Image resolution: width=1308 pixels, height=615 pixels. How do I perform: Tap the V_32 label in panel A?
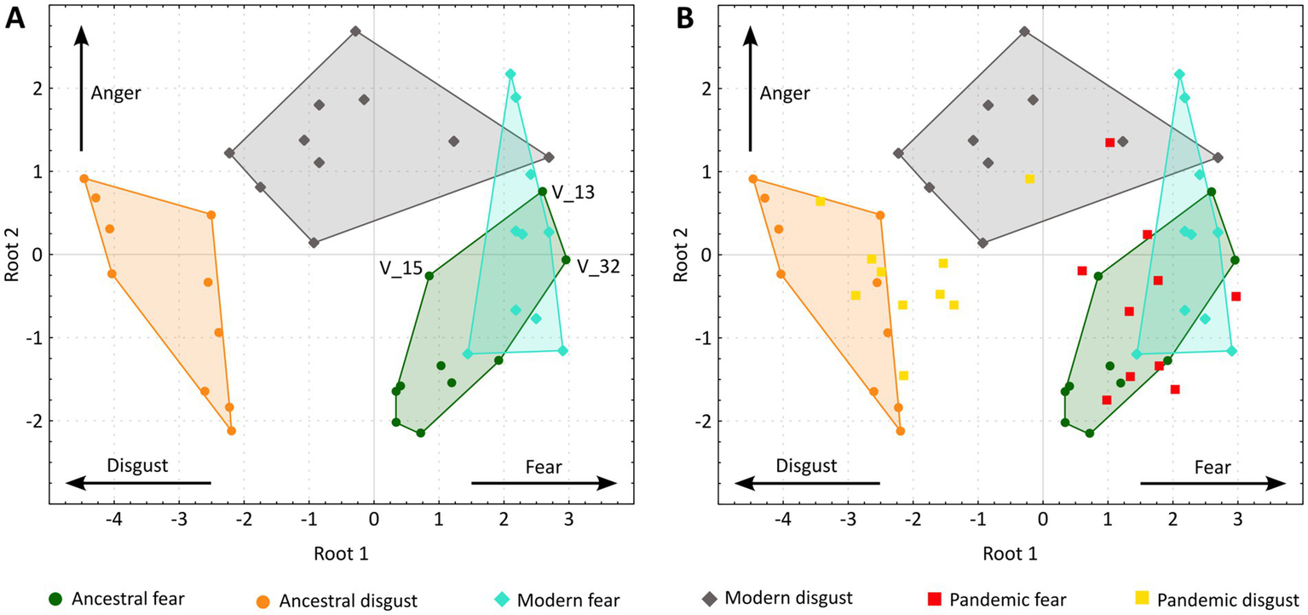pyautogui.click(x=598, y=267)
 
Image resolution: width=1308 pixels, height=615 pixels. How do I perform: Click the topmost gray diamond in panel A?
pyautogui.click(x=356, y=32)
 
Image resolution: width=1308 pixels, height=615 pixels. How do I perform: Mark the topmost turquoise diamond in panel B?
pyautogui.click(x=1179, y=74)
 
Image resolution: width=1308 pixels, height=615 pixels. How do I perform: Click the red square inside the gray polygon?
pyautogui.click(x=1109, y=143)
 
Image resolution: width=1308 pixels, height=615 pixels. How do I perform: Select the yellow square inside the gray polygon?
pyautogui.click(x=1029, y=179)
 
